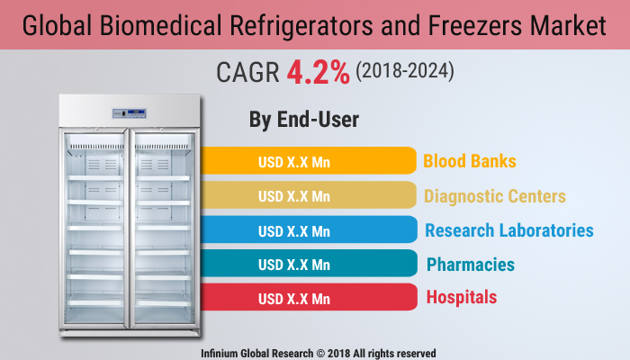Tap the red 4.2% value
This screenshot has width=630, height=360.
point(318,72)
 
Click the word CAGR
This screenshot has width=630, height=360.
point(248,73)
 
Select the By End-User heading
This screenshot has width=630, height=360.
point(303,119)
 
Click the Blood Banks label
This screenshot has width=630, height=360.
point(470,162)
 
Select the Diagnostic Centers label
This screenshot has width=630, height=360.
point(495,196)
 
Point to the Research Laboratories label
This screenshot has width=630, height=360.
point(509,230)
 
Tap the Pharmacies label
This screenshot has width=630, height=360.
point(471,264)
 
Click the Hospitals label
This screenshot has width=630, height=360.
point(461,297)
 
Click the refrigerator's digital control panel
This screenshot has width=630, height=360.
point(130,113)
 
